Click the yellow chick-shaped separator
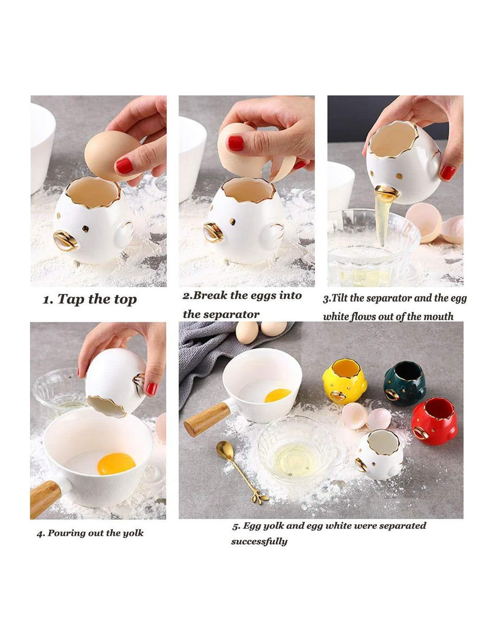pyautogui.click(x=344, y=381)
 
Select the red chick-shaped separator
pyautogui.click(x=434, y=421)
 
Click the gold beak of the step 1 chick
pyautogui.click(x=66, y=241)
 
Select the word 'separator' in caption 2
pyautogui.click(x=221, y=314)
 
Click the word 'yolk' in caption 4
pyautogui.click(x=133, y=533)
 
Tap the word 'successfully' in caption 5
pyautogui.click(x=259, y=542)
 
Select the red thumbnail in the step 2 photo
pyautogui.click(x=235, y=143)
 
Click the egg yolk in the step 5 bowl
pyautogui.click(x=277, y=396)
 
